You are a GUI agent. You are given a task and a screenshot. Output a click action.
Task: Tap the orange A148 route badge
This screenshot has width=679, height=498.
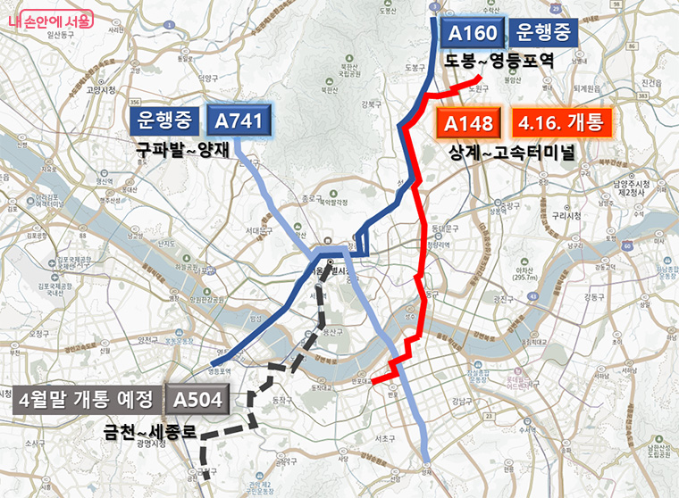coord(471,123)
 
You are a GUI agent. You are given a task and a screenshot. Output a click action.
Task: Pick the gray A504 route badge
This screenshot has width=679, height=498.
coord(197,396)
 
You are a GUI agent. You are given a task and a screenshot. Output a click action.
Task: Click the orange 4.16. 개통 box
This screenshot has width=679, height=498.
coord(562,123)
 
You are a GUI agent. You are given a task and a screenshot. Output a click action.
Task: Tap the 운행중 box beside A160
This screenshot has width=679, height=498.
coord(544,35)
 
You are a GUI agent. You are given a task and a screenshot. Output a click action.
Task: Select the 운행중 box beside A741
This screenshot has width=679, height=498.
coord(166,120)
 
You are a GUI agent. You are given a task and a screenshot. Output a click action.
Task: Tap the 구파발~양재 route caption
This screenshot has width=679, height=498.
coord(183,150)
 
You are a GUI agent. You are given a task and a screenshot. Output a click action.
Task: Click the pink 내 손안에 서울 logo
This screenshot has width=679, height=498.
coord(51,18)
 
